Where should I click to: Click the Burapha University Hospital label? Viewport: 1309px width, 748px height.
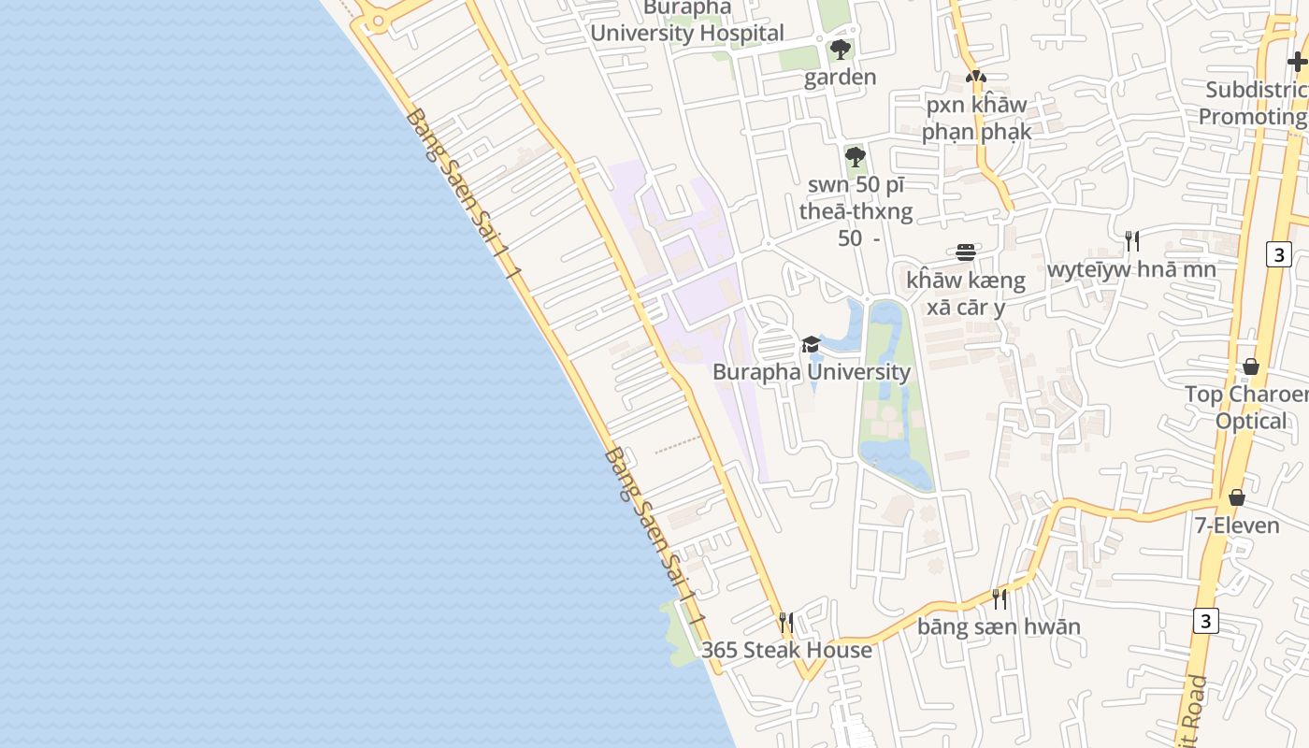pyautogui.click(x=687, y=22)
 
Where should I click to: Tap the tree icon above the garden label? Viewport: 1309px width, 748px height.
pyautogui.click(x=841, y=50)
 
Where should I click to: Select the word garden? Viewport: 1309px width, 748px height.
pyautogui.click(x=841, y=77)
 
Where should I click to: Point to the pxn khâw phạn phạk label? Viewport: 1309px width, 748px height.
pyautogui.click(x=976, y=118)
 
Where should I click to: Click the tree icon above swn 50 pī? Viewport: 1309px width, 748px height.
pyautogui.click(x=855, y=156)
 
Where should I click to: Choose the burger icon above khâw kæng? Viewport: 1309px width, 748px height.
pyautogui.click(x=966, y=252)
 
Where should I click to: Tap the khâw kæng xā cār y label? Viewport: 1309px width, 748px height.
pyautogui.click(x=966, y=294)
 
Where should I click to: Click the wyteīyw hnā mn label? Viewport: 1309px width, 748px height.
pyautogui.click(x=1131, y=270)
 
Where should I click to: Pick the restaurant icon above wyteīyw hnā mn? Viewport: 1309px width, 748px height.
pyautogui.click(x=1131, y=241)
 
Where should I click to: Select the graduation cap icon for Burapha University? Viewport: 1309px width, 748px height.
pyautogui.click(x=811, y=345)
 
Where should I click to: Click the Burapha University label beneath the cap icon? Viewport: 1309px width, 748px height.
pyautogui.click(x=811, y=372)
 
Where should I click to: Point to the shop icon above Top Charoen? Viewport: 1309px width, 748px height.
pyautogui.click(x=1251, y=367)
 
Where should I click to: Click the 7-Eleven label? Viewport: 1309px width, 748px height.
pyautogui.click(x=1236, y=525)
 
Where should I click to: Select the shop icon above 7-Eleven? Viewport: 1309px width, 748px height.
pyautogui.click(x=1237, y=497)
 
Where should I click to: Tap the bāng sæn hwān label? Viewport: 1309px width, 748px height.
pyautogui.click(x=999, y=626)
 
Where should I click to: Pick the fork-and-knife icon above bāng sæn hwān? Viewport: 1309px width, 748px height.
pyautogui.click(x=1000, y=598)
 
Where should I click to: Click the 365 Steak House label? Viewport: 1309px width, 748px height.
pyautogui.click(x=786, y=650)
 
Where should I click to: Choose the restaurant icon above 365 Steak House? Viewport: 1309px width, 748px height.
pyautogui.click(x=786, y=622)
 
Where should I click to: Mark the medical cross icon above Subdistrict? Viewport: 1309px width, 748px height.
pyautogui.click(x=1297, y=63)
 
